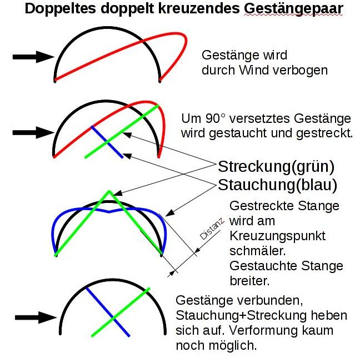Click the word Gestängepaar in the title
coord(293,9)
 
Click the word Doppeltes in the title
coord(60,9)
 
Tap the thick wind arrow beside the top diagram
coord(33,57)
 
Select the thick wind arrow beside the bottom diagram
coord(36,318)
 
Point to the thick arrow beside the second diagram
coord(33,132)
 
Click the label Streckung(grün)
coord(276,167)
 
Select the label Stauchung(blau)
coord(277,185)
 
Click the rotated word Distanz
coord(212,229)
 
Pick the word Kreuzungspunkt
coord(277,236)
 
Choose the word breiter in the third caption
coord(250,281)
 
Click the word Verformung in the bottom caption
coord(263,331)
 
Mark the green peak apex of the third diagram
coord(109,191)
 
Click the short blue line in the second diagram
coord(107,142)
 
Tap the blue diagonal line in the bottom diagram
coord(108,311)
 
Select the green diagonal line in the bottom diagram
coord(121,312)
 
